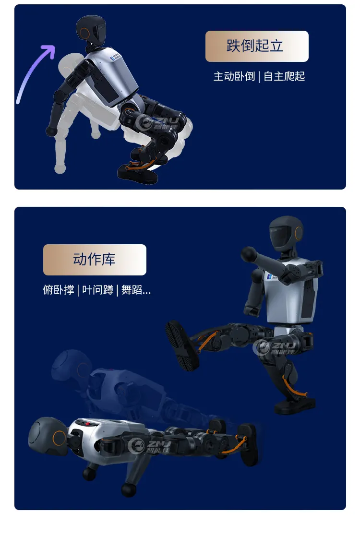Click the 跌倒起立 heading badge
[257, 46]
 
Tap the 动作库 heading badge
[95, 260]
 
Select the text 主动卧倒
[234, 76]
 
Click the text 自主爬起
[285, 76]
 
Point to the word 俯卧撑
[58, 290]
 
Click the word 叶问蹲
[97, 290]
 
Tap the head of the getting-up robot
[91, 29]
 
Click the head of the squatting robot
[287, 234]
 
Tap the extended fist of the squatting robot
[249, 253]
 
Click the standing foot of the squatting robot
[295, 405]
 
